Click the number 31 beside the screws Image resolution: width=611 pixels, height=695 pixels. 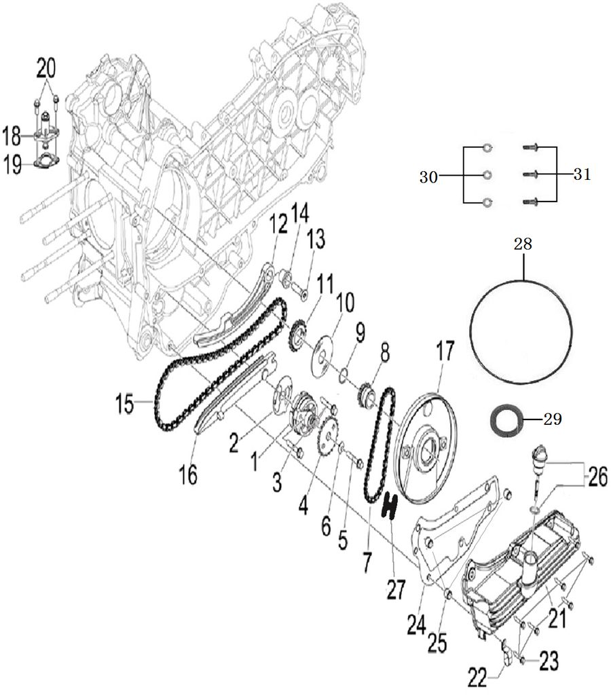[x=581, y=174]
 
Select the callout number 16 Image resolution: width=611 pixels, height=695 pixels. [x=188, y=474]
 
